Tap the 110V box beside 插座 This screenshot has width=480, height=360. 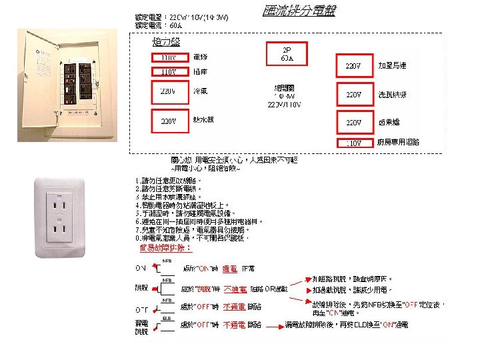point(167,71)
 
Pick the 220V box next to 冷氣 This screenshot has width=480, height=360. point(167,91)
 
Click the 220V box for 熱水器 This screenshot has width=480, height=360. point(167,121)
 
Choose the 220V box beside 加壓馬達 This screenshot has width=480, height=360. point(353,66)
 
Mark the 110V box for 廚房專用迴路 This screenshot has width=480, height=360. point(353,143)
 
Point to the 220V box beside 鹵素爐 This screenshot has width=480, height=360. point(353,123)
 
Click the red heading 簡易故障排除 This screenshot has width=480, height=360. point(165,247)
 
